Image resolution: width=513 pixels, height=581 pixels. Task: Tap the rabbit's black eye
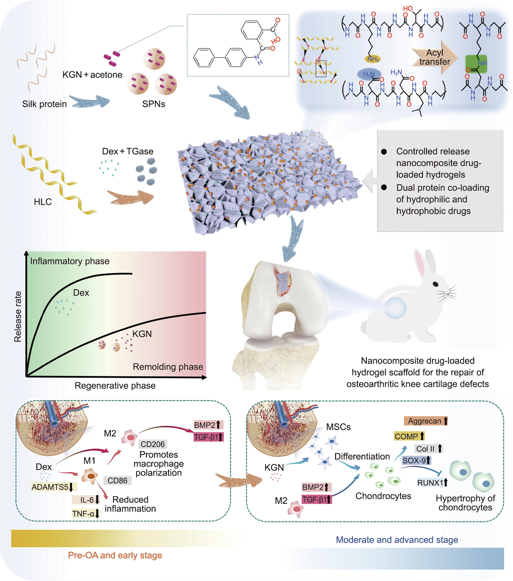point(435,284)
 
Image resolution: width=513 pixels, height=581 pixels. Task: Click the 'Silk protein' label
point(44,104)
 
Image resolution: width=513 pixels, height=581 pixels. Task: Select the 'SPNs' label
point(154,104)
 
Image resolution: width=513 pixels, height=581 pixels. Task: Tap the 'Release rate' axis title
point(18,316)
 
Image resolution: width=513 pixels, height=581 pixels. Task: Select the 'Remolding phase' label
point(168,367)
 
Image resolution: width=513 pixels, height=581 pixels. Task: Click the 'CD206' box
point(153,444)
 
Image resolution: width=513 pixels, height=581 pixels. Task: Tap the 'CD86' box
point(117,480)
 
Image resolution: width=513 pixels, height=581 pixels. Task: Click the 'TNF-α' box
point(85,514)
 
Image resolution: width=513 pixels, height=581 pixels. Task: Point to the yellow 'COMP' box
point(409,436)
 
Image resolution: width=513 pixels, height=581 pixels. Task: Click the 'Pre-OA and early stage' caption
point(115,555)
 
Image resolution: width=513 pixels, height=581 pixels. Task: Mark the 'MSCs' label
point(338,427)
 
